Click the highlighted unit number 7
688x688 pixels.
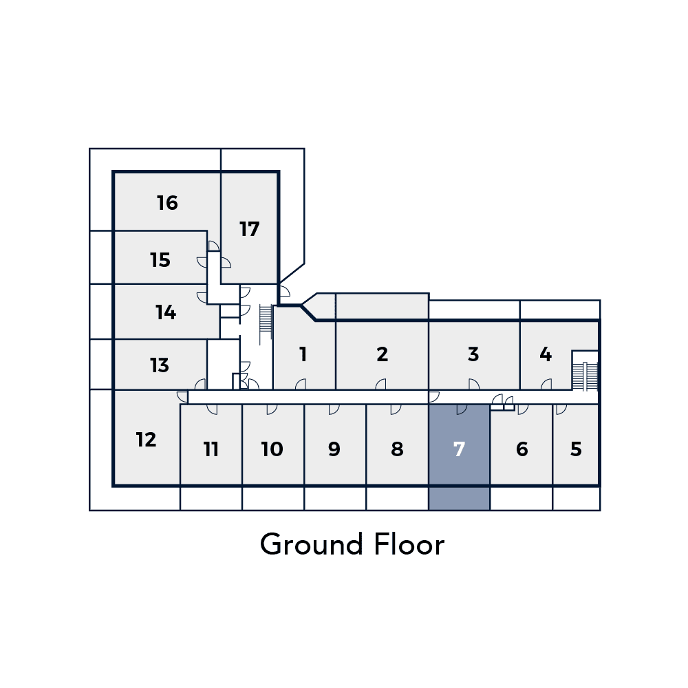coord(459,449)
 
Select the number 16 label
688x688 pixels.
coord(167,203)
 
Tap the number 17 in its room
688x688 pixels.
coord(249,229)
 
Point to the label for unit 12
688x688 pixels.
coord(146,440)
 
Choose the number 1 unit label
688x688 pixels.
coord(303,354)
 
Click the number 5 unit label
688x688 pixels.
coord(576,449)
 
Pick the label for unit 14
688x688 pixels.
coord(166,312)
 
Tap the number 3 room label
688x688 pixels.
coord(473,354)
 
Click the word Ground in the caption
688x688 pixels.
coord(312,544)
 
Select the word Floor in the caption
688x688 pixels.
coord(409,544)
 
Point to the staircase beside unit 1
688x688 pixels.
coord(266,325)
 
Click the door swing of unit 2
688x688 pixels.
coord(381,385)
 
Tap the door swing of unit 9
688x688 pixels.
coord(334,409)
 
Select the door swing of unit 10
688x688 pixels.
coord(272,409)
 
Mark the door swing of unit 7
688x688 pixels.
coord(462,409)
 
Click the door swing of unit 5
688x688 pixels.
coord(561,409)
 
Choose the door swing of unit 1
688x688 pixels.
coord(301,385)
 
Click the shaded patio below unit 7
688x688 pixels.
coord(459,498)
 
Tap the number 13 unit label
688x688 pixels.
coord(160,365)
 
